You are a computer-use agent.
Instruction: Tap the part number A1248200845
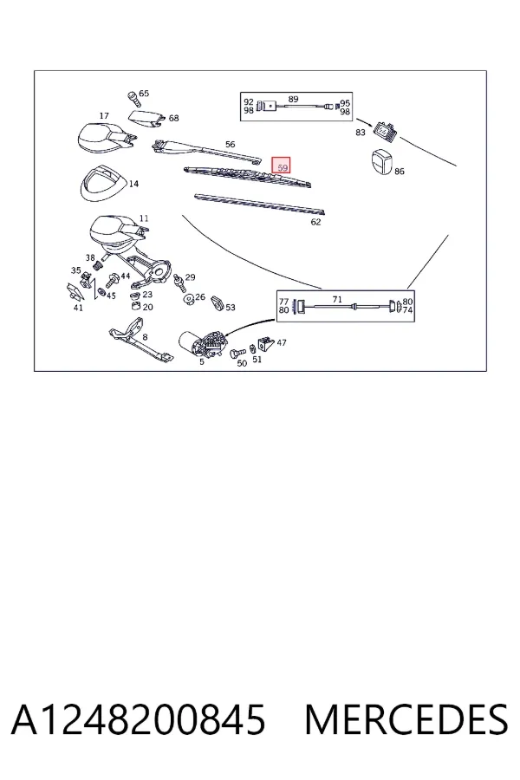pyautogui.click(x=139, y=719)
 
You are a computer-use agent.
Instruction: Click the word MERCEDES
pyautogui.click(x=406, y=719)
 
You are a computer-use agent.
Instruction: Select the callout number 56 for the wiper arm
pyautogui.click(x=230, y=144)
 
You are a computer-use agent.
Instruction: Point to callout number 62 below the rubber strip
pyautogui.click(x=316, y=222)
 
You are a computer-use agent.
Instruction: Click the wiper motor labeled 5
pyautogui.click(x=203, y=342)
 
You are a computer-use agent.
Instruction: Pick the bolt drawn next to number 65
pyautogui.click(x=133, y=99)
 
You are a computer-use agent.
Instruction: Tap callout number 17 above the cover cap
pyautogui.click(x=103, y=116)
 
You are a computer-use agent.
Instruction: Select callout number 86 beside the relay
pyautogui.click(x=399, y=171)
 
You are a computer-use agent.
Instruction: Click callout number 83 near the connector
pyautogui.click(x=361, y=132)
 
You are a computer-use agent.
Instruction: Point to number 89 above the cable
pyautogui.click(x=293, y=99)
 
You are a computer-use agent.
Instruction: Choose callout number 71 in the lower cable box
pyautogui.click(x=337, y=300)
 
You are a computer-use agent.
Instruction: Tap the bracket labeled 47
pyautogui.click(x=266, y=342)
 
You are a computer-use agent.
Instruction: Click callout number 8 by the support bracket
pyautogui.click(x=145, y=337)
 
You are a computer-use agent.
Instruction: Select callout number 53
pyautogui.click(x=230, y=308)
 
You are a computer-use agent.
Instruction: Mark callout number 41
pyautogui.click(x=78, y=308)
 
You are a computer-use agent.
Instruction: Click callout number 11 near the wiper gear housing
pyautogui.click(x=144, y=218)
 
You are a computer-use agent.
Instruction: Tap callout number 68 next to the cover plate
pyautogui.click(x=173, y=118)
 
